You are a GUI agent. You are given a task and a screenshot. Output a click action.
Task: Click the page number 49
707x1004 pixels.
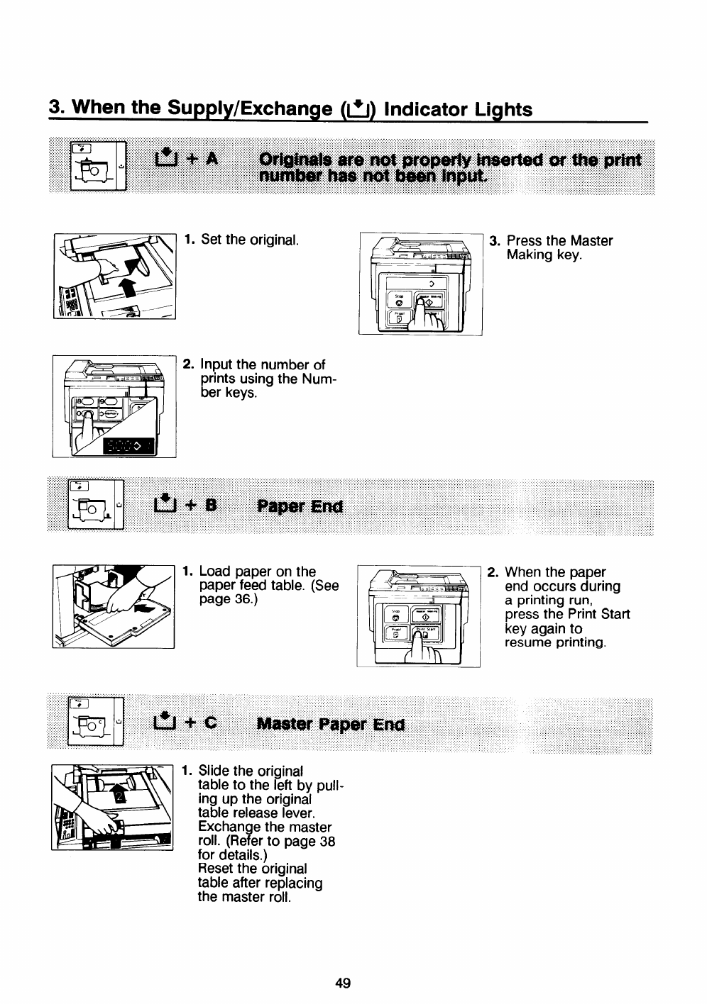coord(343,983)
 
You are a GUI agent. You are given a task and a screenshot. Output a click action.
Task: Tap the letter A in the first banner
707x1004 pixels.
coord(209,159)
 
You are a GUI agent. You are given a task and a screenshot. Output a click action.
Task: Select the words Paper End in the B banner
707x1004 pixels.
coord(300,506)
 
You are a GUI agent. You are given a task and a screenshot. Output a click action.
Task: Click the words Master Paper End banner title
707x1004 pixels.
coord(331,725)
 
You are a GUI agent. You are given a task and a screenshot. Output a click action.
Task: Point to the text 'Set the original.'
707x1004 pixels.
coord(250,240)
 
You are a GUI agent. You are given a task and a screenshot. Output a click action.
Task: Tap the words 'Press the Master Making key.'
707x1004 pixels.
coord(559,247)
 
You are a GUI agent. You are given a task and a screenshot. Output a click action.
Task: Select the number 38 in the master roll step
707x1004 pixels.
coord(327,841)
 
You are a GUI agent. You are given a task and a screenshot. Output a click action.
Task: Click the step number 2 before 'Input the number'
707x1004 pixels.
coord(188,364)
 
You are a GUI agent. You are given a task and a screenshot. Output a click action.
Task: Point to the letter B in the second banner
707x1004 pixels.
coord(210,506)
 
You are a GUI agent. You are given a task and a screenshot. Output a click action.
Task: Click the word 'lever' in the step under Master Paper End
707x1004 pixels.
coord(296,813)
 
